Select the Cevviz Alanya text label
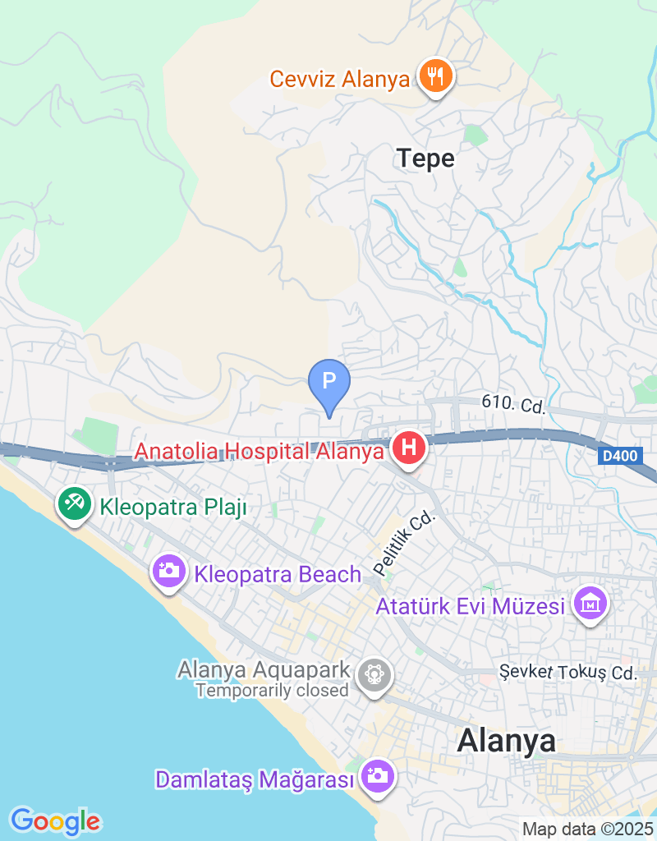click(x=340, y=80)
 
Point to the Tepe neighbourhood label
click(x=425, y=158)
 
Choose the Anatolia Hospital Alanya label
click(x=260, y=451)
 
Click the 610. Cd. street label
click(x=513, y=404)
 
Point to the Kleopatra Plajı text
click(x=173, y=507)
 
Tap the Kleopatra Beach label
click(x=278, y=573)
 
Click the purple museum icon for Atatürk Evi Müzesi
click(x=592, y=604)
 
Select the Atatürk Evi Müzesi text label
click(x=471, y=607)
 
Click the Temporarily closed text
click(x=272, y=691)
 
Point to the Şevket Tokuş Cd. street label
click(x=568, y=673)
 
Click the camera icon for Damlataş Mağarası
click(x=377, y=775)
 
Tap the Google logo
click(x=55, y=820)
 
